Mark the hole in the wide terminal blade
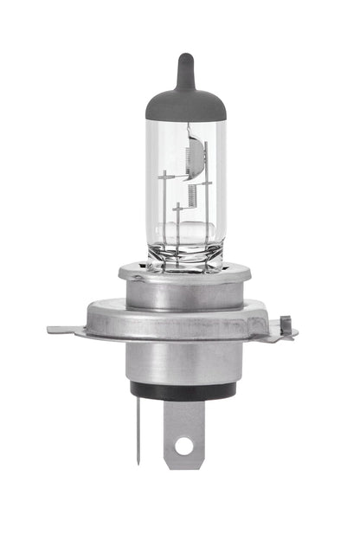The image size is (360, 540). point(183,447)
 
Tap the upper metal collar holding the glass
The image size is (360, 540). point(183,286)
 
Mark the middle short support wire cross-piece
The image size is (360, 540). point(177,208)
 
